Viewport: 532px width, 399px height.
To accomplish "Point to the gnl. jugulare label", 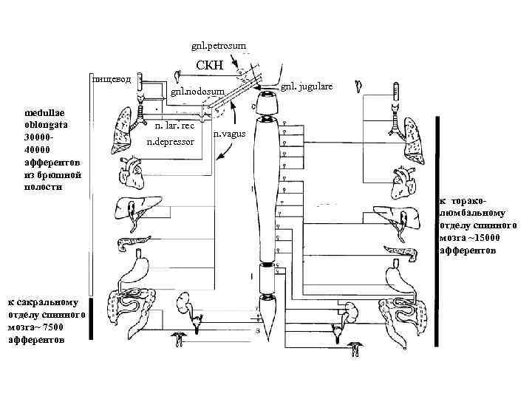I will point(307,86).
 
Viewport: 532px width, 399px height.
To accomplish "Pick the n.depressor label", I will point(171,140).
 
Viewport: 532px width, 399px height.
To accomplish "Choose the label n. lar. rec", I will point(174,126).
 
